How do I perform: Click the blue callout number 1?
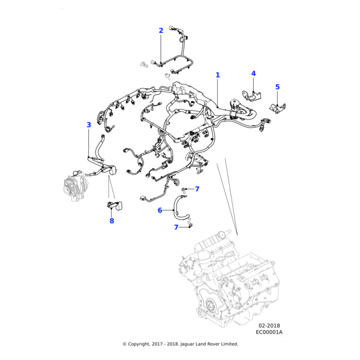coord(218,75)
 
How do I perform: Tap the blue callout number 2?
coord(161,30)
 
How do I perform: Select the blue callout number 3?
coord(89,125)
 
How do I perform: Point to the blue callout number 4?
coord(253,73)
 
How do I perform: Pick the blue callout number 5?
coord(277,87)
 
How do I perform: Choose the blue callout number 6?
coord(160,210)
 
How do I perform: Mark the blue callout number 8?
coord(112,221)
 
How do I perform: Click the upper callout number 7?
coord(197,189)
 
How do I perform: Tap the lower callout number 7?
coord(176,227)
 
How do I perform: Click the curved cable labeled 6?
coord(177,207)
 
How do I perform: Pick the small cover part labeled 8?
coord(115,206)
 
